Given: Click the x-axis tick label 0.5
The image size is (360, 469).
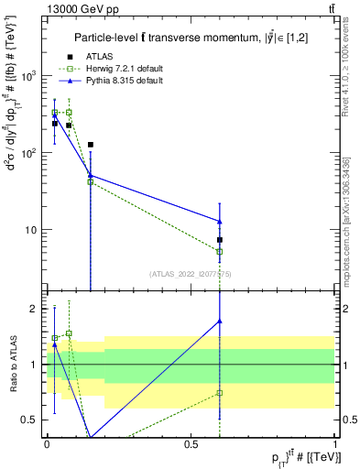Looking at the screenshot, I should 191,444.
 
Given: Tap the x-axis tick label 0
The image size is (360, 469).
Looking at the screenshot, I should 47,444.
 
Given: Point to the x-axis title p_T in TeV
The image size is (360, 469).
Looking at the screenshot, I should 293,457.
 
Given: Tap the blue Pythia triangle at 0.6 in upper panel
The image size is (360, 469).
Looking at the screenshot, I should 220,221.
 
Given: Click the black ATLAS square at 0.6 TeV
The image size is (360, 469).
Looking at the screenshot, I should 220,240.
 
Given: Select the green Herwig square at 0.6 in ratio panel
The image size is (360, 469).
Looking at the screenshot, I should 220,393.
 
